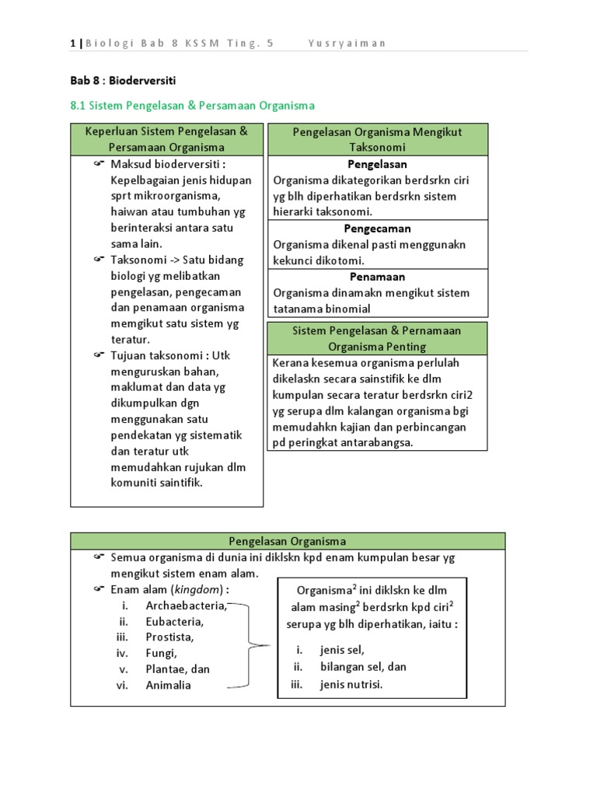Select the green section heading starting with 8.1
pyautogui.click(x=193, y=106)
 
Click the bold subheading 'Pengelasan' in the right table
pyautogui.click(x=377, y=165)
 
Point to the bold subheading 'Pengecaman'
pyautogui.click(x=377, y=229)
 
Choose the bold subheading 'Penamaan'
pyautogui.click(x=377, y=278)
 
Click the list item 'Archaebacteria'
pyautogui.click(x=186, y=606)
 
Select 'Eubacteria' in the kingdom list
pyautogui.click(x=174, y=622)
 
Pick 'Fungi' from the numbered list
pyautogui.click(x=162, y=653)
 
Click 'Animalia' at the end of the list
pyautogui.click(x=168, y=686)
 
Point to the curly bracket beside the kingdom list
pyautogui.click(x=250, y=645)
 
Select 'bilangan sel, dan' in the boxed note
pyautogui.click(x=363, y=667)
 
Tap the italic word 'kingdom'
pyautogui.click(x=201, y=590)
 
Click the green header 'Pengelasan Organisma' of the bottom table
pyautogui.click(x=288, y=541)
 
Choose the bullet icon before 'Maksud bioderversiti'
pyautogui.click(x=98, y=165)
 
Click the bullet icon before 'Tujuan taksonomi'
pyautogui.click(x=98, y=356)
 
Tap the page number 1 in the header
pyautogui.click(x=72, y=44)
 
